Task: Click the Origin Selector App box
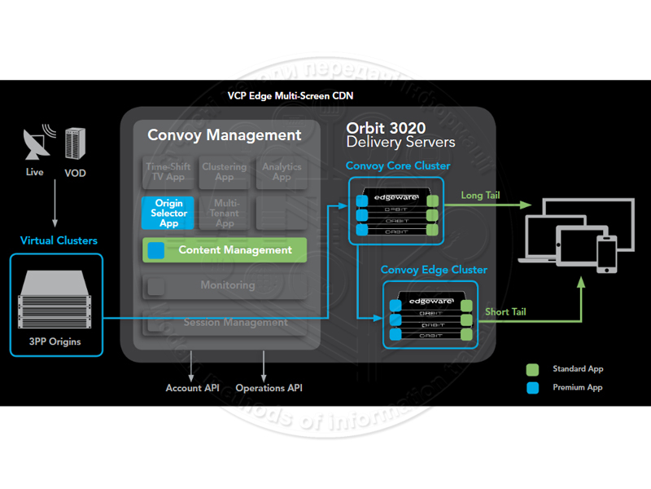click(168, 213)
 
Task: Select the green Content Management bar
click(225, 250)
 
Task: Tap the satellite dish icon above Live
click(34, 145)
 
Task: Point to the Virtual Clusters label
click(59, 240)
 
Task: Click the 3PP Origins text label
click(56, 341)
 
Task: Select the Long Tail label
click(480, 196)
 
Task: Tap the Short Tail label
click(505, 312)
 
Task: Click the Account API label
click(194, 388)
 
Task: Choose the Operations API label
click(269, 388)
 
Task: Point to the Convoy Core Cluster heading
click(398, 166)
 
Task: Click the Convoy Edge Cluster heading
click(434, 270)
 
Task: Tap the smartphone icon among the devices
click(605, 254)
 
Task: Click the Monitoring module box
click(225, 286)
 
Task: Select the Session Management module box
click(225, 322)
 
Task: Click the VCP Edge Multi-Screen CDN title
click(291, 95)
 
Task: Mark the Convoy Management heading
click(225, 135)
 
